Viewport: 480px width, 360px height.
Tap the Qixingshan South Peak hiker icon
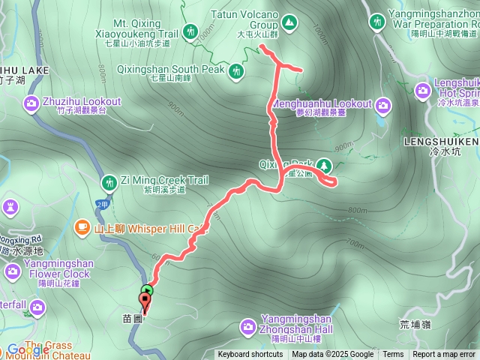(x=237, y=71)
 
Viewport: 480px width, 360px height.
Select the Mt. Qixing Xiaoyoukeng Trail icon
(x=191, y=31)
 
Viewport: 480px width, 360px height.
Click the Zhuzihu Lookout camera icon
(x=32, y=103)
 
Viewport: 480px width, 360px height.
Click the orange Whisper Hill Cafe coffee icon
(x=81, y=226)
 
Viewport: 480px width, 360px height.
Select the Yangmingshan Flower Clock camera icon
(x=13, y=271)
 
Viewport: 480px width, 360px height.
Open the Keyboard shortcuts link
(x=250, y=355)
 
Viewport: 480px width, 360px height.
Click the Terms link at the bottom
(x=393, y=355)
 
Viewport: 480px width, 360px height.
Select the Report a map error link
(x=444, y=355)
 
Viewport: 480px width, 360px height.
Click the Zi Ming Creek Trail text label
(x=164, y=181)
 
